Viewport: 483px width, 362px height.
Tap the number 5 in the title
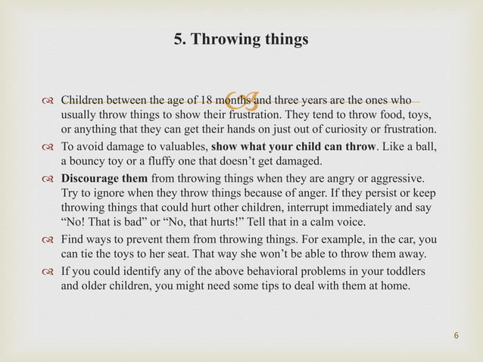click(178, 39)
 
